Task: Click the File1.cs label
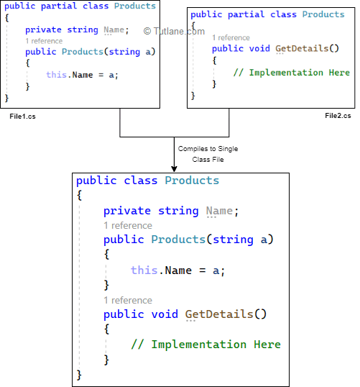(x=22, y=116)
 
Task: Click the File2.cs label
(x=338, y=116)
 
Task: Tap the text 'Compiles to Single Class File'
(x=208, y=153)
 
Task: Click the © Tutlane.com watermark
(x=174, y=31)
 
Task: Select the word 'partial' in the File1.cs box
(x=57, y=6)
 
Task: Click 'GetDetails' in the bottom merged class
(x=219, y=314)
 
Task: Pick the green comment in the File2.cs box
(x=291, y=73)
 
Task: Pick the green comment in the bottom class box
(x=206, y=345)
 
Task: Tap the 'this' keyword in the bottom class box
(x=144, y=270)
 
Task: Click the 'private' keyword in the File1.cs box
(x=43, y=29)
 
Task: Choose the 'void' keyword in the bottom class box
(x=165, y=314)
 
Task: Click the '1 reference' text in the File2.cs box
(x=231, y=38)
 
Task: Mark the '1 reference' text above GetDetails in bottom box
(x=128, y=300)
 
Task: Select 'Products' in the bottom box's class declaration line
(x=192, y=181)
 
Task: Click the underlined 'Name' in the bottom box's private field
(x=219, y=211)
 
